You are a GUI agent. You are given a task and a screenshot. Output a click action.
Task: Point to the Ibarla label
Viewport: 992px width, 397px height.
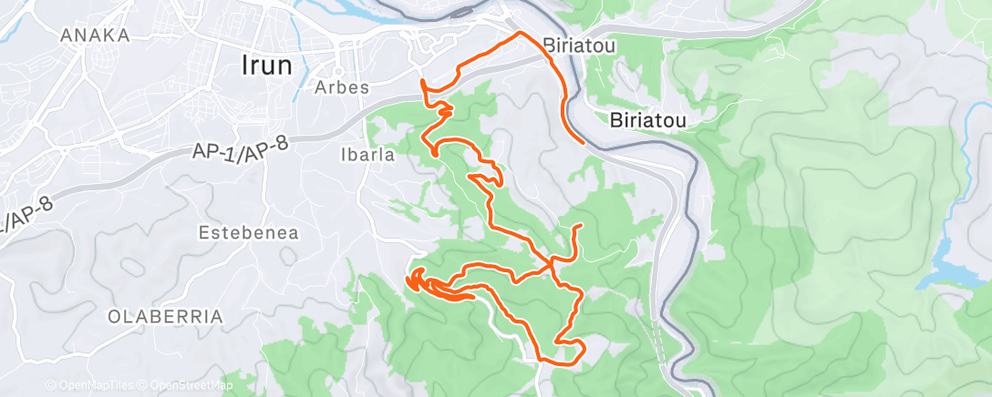(x=369, y=155)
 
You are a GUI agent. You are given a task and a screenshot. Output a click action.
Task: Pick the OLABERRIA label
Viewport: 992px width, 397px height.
(x=165, y=317)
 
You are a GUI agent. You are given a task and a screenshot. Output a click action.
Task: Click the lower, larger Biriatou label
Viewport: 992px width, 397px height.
(x=646, y=119)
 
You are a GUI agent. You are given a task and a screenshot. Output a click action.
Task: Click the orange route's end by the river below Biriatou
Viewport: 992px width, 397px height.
(x=583, y=143)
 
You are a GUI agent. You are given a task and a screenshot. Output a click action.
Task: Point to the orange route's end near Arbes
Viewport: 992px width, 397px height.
(x=422, y=81)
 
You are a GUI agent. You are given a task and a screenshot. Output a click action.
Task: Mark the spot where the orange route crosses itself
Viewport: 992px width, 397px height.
(x=552, y=265)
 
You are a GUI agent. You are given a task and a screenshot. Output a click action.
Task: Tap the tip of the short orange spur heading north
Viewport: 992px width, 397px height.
(x=580, y=225)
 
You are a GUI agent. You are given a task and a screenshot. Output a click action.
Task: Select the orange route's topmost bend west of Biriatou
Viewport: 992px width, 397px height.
(x=520, y=33)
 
